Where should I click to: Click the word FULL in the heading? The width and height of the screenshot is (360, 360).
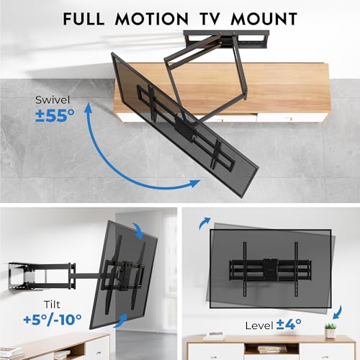pos(84,19)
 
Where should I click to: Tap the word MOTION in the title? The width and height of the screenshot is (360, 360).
pos(152,19)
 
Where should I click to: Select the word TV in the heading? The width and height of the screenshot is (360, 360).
pos(210,19)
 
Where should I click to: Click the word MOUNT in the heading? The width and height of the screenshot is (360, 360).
pos(264,19)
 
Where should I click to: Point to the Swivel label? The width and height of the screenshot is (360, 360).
pos(53,100)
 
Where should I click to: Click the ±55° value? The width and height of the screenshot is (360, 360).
pos(55,115)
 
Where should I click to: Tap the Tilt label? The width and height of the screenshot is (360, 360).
pos(52,305)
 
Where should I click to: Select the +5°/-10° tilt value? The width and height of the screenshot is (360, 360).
pos(53,320)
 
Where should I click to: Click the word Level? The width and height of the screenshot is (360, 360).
pos(259,325)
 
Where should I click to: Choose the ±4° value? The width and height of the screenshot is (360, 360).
pos(289,325)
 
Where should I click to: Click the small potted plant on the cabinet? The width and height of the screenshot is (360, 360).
pos(330,330)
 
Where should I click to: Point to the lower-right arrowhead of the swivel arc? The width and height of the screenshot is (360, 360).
pos(195,183)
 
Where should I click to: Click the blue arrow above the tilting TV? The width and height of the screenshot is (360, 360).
pos(139,231)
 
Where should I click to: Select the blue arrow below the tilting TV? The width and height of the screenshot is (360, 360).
pos(121,320)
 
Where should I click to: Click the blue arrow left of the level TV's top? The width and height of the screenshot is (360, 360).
pos(204,223)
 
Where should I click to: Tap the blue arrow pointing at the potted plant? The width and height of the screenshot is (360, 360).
pos(338,312)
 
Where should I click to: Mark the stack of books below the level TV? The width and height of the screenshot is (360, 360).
pos(272,348)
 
